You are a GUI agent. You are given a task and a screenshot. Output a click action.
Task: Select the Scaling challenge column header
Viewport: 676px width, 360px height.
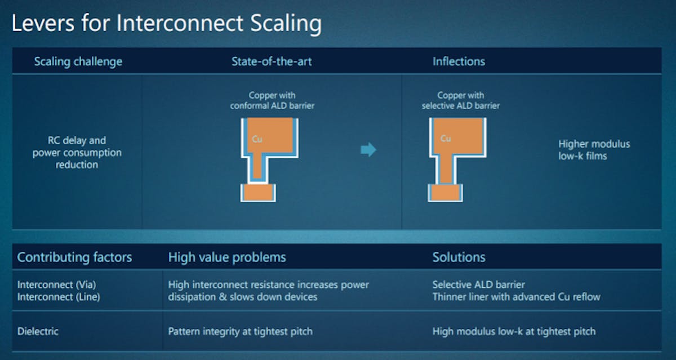pyautogui.click(x=78, y=61)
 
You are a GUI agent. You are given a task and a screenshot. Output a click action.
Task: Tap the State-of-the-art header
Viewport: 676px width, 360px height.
pyautogui.click(x=272, y=61)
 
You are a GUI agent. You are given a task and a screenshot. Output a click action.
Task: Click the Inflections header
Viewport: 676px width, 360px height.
pyautogui.click(x=459, y=61)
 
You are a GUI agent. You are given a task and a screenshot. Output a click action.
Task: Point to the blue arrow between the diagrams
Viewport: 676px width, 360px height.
pyautogui.click(x=368, y=150)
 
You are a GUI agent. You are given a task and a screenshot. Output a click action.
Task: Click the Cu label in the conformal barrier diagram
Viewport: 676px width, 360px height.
pyautogui.click(x=257, y=139)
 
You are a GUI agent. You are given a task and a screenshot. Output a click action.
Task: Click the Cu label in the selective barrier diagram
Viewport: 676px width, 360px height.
pyautogui.click(x=446, y=139)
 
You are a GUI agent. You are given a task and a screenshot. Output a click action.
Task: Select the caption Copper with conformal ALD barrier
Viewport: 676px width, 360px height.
pyautogui.click(x=272, y=100)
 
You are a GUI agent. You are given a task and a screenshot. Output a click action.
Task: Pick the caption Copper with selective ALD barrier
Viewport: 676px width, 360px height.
pyautogui.click(x=460, y=100)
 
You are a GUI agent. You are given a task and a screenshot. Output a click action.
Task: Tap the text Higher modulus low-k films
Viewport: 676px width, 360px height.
pyautogui.click(x=594, y=150)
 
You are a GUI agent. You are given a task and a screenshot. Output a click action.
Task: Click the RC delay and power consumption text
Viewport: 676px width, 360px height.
pyautogui.click(x=77, y=152)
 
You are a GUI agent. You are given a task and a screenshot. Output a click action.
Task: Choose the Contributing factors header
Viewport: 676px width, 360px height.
pyautogui.click(x=74, y=257)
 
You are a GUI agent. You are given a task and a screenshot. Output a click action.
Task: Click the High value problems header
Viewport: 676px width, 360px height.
pyautogui.click(x=227, y=257)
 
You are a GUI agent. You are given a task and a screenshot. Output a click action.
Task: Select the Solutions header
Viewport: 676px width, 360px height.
pyautogui.click(x=459, y=257)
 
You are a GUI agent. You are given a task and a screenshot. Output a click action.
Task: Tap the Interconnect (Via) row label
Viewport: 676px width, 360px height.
pyautogui.click(x=52, y=285)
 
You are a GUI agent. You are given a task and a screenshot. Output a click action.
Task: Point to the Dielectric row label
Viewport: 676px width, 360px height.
pyautogui.click(x=38, y=331)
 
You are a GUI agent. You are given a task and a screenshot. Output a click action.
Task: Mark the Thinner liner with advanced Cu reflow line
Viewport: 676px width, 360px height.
pyautogui.click(x=516, y=297)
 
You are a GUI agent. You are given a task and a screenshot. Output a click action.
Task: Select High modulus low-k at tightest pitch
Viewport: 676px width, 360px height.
pyautogui.click(x=514, y=331)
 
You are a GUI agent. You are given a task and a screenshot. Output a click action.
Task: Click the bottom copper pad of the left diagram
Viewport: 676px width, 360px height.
pyautogui.click(x=259, y=193)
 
